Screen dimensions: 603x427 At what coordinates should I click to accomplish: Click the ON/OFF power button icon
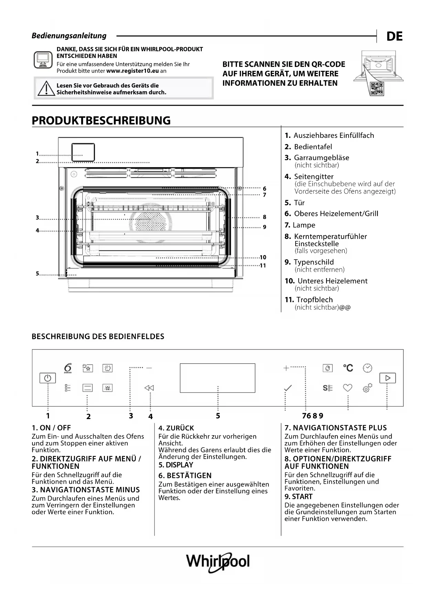(x=47, y=378)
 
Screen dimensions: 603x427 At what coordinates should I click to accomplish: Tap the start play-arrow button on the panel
(x=387, y=378)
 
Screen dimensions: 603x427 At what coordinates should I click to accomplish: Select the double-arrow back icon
(x=149, y=388)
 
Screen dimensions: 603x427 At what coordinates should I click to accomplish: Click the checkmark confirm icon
(x=288, y=388)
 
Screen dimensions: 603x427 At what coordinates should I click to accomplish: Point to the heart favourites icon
(x=348, y=388)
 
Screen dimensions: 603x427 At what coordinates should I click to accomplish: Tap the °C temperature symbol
(x=348, y=368)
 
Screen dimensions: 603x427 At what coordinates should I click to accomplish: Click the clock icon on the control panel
(x=367, y=368)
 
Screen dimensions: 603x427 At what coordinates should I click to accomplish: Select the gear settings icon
(x=367, y=388)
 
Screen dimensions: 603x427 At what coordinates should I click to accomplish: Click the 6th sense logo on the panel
(x=68, y=368)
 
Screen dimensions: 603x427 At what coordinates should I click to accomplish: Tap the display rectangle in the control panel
(x=217, y=378)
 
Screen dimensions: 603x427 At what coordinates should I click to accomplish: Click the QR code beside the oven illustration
(x=377, y=89)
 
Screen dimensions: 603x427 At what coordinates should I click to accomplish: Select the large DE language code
(x=394, y=36)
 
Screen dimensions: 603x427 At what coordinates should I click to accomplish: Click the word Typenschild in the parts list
(x=313, y=262)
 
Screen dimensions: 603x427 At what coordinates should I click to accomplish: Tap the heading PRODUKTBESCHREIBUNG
(x=101, y=121)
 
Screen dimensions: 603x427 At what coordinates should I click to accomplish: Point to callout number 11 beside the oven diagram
(x=263, y=265)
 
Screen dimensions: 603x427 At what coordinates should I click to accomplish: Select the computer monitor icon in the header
(x=43, y=60)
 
